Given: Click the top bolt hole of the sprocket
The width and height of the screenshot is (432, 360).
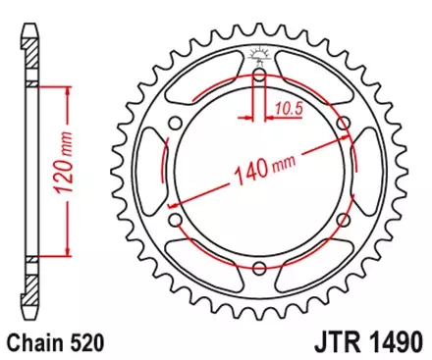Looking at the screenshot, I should click(258, 76).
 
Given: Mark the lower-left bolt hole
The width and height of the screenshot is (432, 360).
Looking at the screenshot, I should click(174, 222).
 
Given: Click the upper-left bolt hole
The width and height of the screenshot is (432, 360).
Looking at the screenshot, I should click(174, 124).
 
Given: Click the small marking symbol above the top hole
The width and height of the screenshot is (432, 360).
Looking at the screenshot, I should click(258, 55).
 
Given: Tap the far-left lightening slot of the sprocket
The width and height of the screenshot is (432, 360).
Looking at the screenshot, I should click(148, 173).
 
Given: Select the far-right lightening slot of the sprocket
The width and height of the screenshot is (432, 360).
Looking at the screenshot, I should click(369, 173).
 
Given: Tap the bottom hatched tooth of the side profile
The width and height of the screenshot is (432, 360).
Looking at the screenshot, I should click(30, 299).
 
